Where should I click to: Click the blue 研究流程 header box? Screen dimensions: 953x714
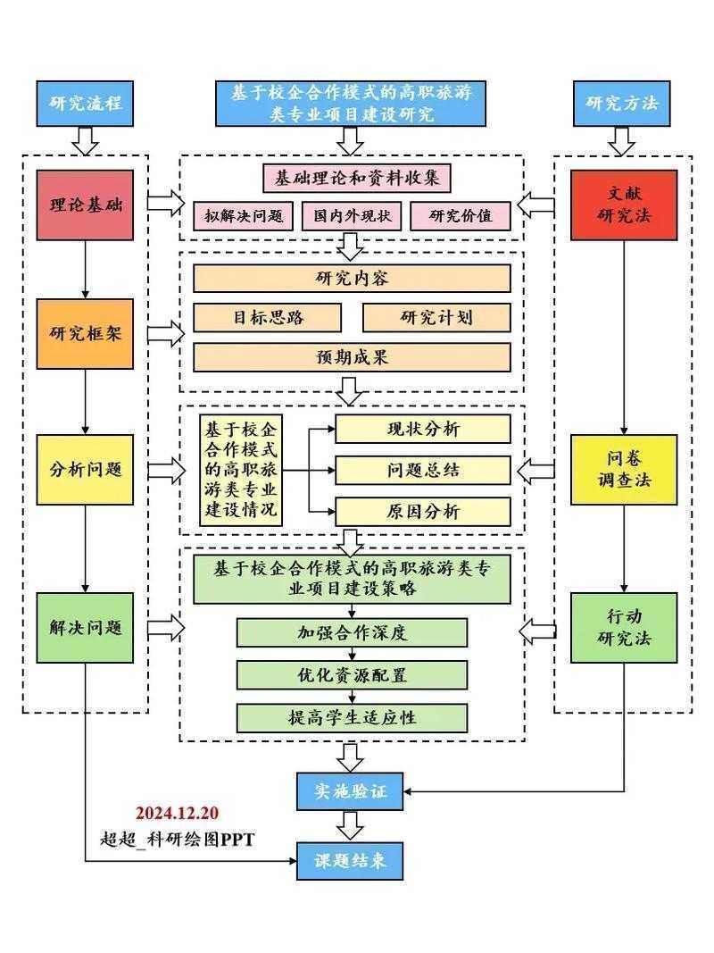(85, 103)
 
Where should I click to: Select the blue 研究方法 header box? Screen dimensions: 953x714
(623, 103)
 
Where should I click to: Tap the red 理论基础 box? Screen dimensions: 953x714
(85, 205)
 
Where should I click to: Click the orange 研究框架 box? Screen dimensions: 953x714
(85, 334)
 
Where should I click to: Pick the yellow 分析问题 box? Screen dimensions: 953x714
(85, 469)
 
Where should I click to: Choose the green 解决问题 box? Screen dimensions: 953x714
(85, 627)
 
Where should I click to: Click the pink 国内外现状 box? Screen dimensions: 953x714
(352, 215)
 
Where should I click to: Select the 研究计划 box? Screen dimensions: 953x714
(436, 318)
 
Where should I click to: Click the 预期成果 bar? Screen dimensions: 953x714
(352, 357)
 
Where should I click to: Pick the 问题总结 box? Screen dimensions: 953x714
(423, 470)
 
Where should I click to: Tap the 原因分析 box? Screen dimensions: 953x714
(423, 512)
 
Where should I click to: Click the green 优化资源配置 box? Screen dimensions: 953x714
(352, 674)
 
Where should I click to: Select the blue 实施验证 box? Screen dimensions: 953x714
(350, 790)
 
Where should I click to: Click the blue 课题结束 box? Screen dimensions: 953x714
(350, 861)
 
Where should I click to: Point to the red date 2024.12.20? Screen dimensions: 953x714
(177, 814)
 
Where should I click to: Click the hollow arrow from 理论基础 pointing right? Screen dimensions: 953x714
(164, 203)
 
